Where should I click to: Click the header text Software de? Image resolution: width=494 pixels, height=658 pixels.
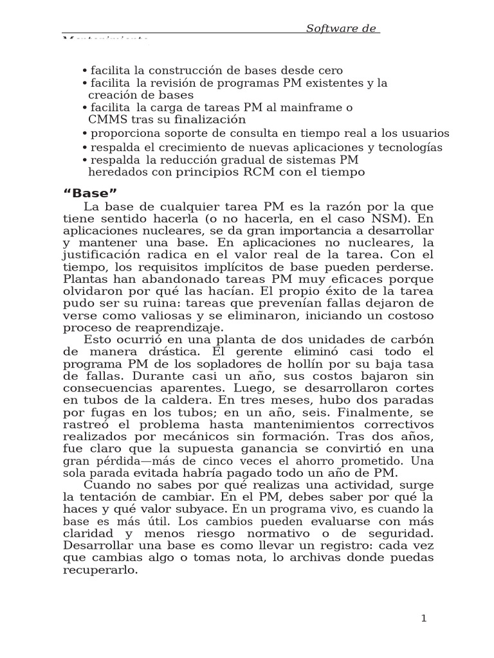[x=342, y=28]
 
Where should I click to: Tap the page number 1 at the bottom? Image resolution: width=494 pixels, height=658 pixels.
[x=423, y=618]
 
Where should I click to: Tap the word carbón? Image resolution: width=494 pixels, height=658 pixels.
[x=410, y=339]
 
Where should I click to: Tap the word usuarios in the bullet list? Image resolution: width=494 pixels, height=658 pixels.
[x=425, y=134]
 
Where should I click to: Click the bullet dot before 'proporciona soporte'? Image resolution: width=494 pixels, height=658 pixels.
[x=84, y=134]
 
